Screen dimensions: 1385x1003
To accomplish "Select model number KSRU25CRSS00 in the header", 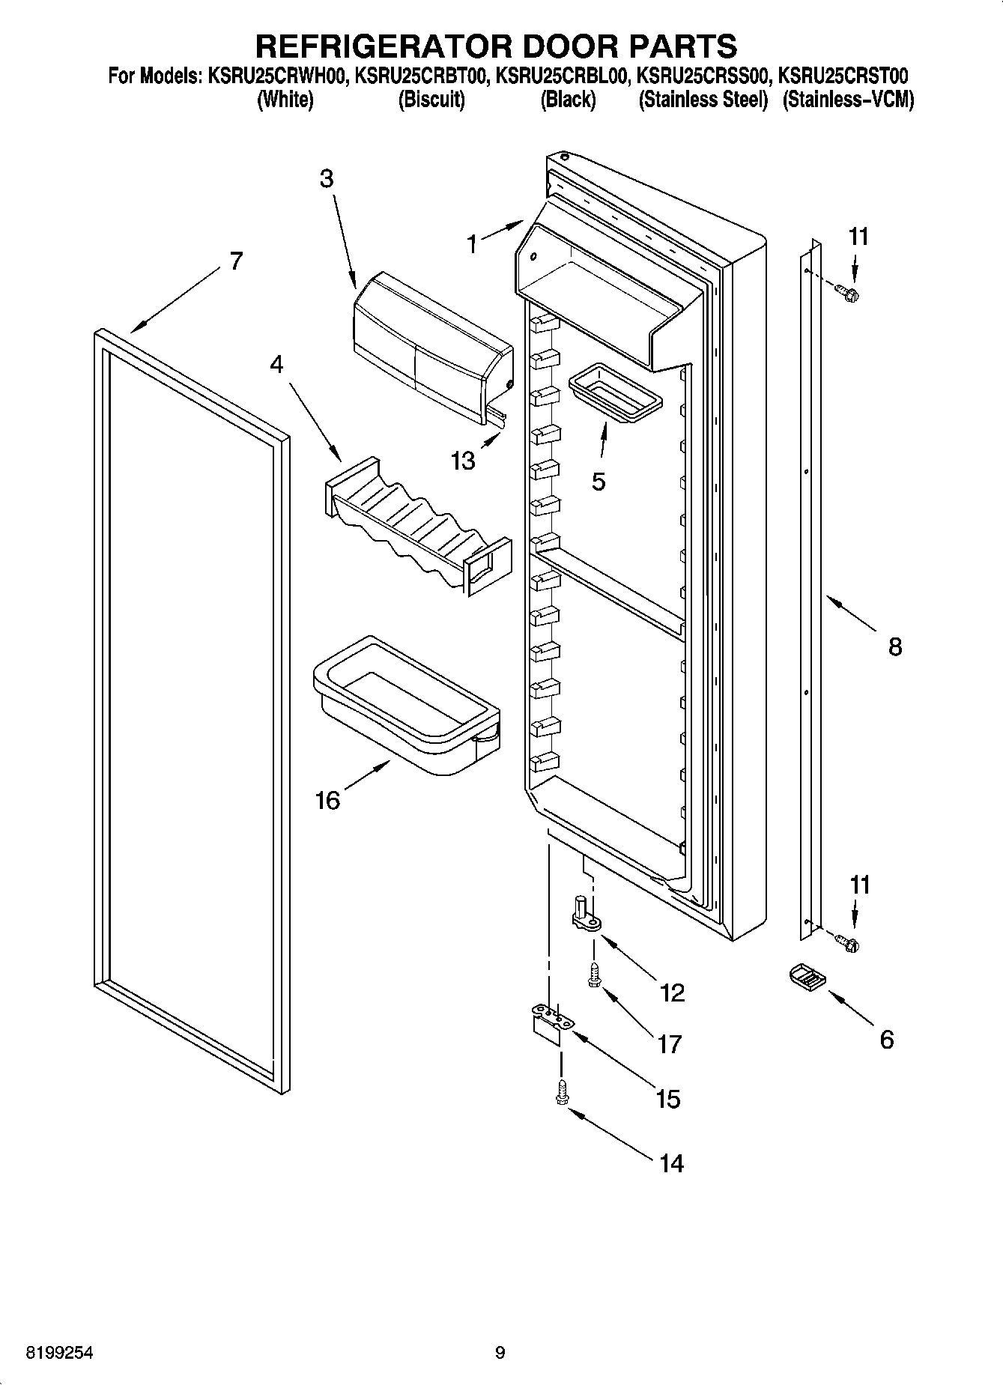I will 703,76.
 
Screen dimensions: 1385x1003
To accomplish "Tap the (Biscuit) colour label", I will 431,100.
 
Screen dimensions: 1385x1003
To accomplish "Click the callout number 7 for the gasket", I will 235,261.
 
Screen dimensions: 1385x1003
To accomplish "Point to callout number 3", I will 326,179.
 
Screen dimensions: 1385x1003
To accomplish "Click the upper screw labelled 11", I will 848,293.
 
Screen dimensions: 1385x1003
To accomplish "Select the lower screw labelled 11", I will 848,943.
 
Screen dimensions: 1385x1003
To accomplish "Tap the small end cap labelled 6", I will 805,978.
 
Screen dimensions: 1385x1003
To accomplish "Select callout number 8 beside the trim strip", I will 894,646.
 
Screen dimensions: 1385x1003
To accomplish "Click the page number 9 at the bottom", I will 500,1353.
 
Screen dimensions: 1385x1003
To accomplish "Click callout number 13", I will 463,460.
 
